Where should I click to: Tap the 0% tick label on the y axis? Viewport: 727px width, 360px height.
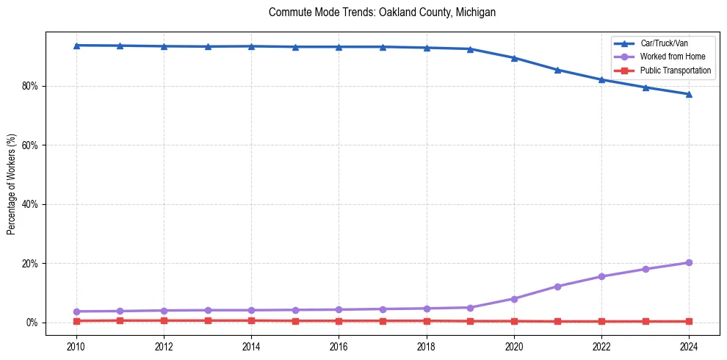click(35, 323)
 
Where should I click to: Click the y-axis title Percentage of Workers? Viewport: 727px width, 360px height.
click(12, 184)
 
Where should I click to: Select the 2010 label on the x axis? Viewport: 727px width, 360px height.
click(76, 346)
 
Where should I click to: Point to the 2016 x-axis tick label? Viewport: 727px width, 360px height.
click(339, 346)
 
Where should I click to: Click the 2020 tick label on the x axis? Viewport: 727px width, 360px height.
click(514, 346)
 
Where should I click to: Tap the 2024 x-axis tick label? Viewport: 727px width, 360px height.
click(689, 346)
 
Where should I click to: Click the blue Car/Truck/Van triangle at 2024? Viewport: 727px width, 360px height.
click(689, 94)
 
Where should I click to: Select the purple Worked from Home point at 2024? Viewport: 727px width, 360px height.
click(689, 262)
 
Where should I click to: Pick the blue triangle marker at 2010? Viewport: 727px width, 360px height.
click(76, 46)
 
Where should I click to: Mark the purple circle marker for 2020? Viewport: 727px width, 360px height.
click(514, 299)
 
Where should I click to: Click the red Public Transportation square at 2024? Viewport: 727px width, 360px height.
click(689, 321)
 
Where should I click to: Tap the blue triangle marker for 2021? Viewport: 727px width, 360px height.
click(557, 70)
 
